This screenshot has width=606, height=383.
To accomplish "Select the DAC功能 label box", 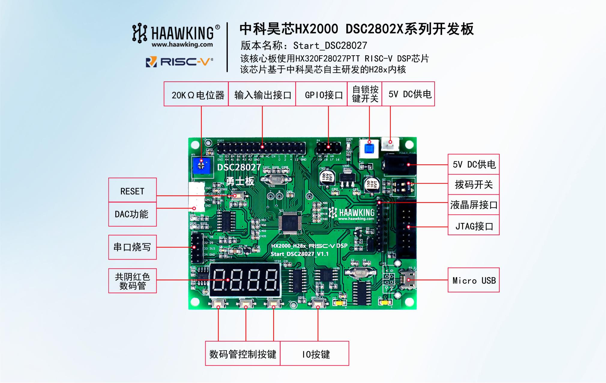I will click(x=132, y=214).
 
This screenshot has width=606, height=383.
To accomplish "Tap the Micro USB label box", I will click(x=473, y=280).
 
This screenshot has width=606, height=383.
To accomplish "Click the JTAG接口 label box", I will click(x=473, y=226).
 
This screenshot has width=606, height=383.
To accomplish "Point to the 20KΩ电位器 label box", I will click(x=196, y=94).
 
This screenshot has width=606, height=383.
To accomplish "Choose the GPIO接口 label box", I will click(x=322, y=94).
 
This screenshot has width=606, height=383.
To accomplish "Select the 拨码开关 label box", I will click(x=473, y=184).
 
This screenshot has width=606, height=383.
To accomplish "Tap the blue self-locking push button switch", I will click(x=369, y=148).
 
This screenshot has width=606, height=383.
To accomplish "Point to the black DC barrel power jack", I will click(x=399, y=164).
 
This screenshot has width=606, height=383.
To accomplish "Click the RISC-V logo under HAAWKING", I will click(x=179, y=62).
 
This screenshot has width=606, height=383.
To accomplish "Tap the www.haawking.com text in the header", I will click(x=182, y=45).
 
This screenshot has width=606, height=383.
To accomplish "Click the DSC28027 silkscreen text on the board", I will click(x=239, y=167).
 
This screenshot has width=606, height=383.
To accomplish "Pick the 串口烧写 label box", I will click(x=132, y=247).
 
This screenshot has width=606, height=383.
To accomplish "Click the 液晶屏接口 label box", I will click(x=473, y=205).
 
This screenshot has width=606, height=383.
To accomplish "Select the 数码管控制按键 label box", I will click(x=243, y=354).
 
